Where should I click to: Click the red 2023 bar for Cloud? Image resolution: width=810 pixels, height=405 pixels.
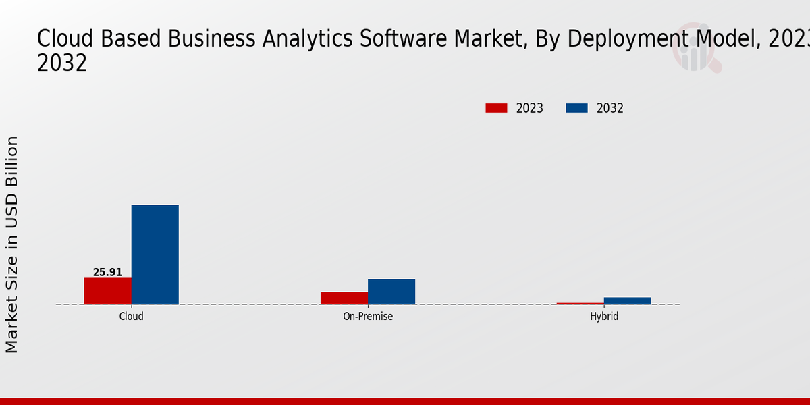point(107,291)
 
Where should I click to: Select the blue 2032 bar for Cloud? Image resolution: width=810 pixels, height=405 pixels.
point(155,254)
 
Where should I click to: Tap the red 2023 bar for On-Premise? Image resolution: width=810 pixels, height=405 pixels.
point(344,298)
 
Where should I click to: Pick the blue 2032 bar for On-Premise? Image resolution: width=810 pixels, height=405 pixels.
point(391,292)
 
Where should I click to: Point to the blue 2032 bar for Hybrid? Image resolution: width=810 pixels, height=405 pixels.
point(628,300)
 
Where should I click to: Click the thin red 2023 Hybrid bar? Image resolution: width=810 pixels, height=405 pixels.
point(580,303)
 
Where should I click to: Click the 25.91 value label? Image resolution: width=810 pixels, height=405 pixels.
point(107,273)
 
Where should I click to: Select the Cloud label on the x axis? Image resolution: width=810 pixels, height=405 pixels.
point(131,316)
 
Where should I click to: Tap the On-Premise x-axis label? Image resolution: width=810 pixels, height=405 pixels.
point(368,316)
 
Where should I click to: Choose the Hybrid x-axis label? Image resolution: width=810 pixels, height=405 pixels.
point(604,316)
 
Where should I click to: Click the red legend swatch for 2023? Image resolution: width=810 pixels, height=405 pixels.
point(496,108)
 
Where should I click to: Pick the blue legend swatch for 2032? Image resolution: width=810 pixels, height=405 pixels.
point(576,108)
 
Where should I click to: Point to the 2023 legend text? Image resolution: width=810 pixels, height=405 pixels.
point(530,108)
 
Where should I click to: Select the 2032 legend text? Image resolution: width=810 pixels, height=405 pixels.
point(610,108)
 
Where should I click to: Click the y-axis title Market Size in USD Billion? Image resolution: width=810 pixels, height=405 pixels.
point(12,244)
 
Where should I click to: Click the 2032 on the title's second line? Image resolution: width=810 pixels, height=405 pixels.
point(62,63)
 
